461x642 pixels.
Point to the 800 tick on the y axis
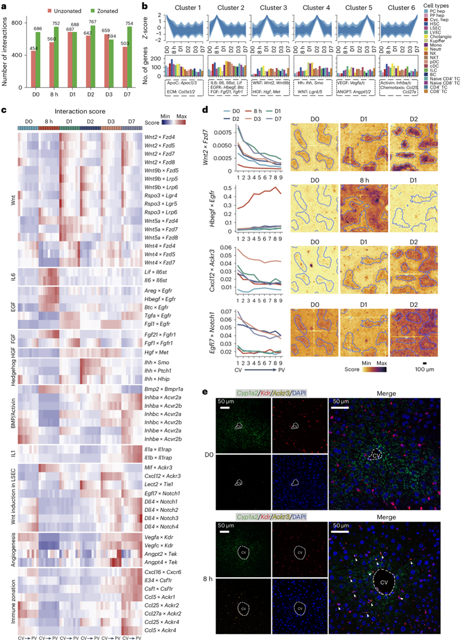15,23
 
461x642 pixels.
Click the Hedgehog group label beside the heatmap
11,356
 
